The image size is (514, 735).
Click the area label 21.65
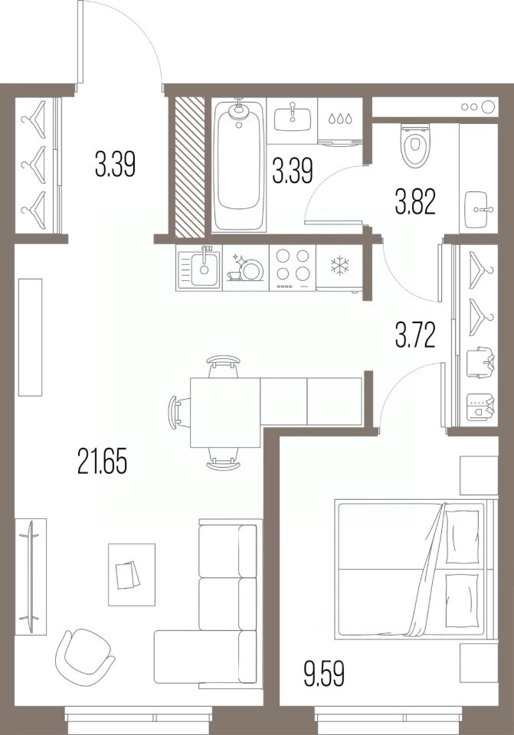[x=101, y=462]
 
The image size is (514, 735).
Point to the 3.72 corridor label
[x=416, y=335]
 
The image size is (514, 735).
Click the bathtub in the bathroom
[x=240, y=166]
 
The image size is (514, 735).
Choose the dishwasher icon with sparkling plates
[x=245, y=269]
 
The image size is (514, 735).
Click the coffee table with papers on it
[x=131, y=573]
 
